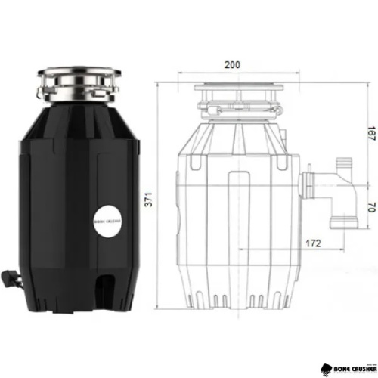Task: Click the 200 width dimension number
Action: pyautogui.click(x=231, y=64)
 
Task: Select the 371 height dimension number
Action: pyautogui.click(x=150, y=200)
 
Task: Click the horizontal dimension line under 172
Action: pyautogui.click(x=287, y=251)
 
